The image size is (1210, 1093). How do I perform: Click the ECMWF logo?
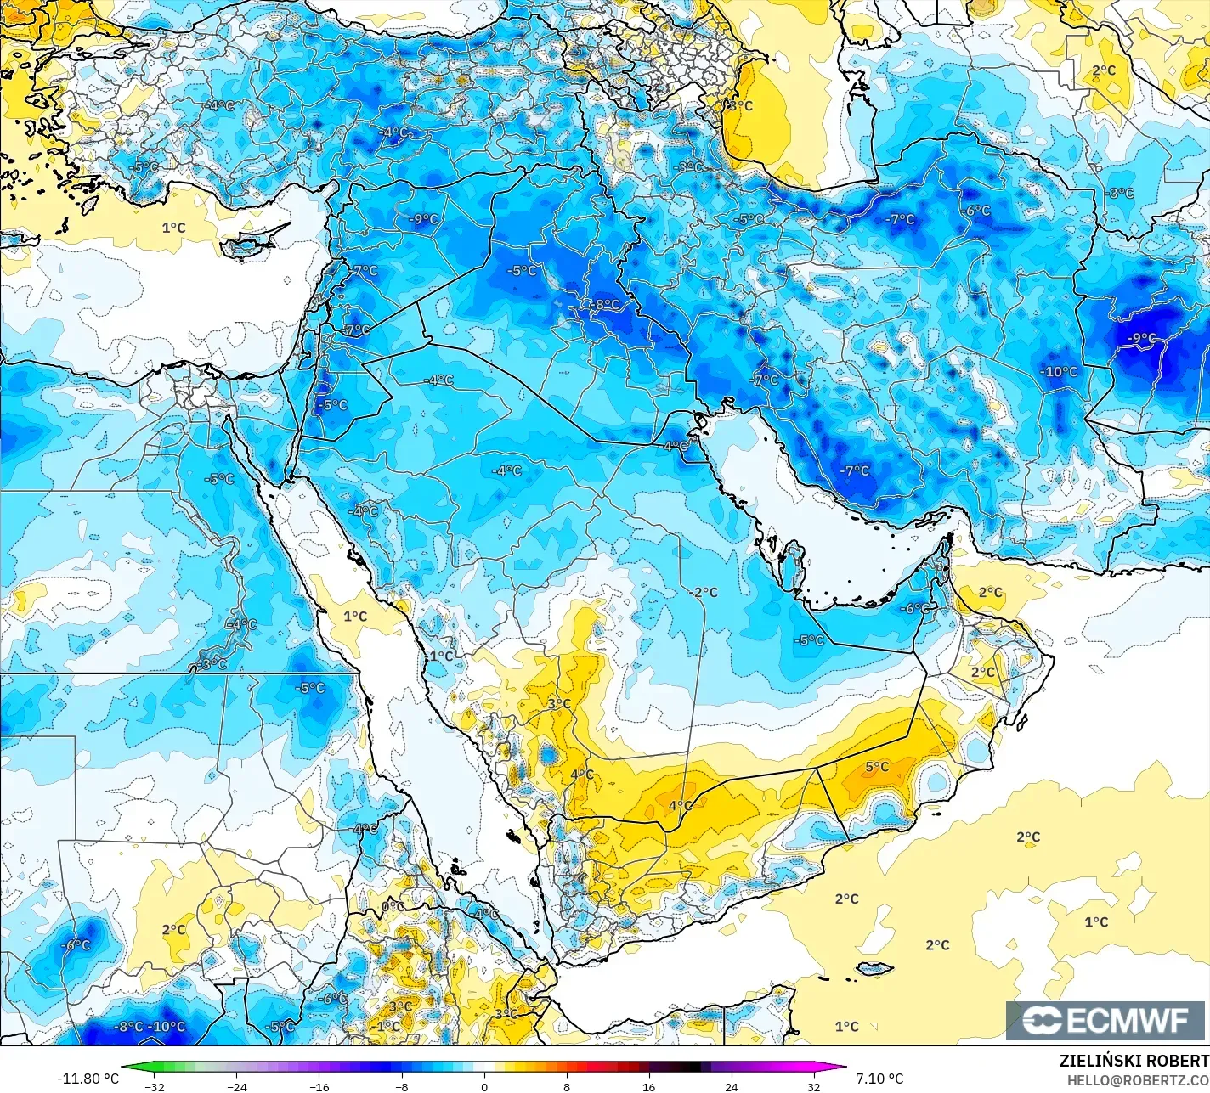point(1106,1020)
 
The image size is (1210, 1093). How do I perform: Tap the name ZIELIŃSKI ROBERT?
point(1134,1061)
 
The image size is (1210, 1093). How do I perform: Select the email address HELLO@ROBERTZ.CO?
point(1138,1079)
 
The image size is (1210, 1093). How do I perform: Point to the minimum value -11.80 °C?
point(88,1079)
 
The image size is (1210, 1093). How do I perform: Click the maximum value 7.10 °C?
point(879,1079)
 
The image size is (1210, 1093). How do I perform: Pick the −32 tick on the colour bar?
point(154,1086)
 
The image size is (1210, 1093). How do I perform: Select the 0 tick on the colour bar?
point(483,1086)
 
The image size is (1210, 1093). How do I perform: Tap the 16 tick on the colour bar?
point(648,1086)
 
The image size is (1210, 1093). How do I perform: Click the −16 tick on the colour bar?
point(319,1086)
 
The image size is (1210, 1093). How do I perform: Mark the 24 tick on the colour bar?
point(731,1086)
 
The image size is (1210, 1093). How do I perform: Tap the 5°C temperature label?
point(877,767)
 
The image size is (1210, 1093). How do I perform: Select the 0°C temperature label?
point(393,907)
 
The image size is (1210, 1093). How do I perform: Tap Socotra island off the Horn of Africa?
point(874,968)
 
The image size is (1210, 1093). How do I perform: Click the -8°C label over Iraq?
point(606,304)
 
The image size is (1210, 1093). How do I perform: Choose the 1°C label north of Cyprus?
point(173,228)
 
